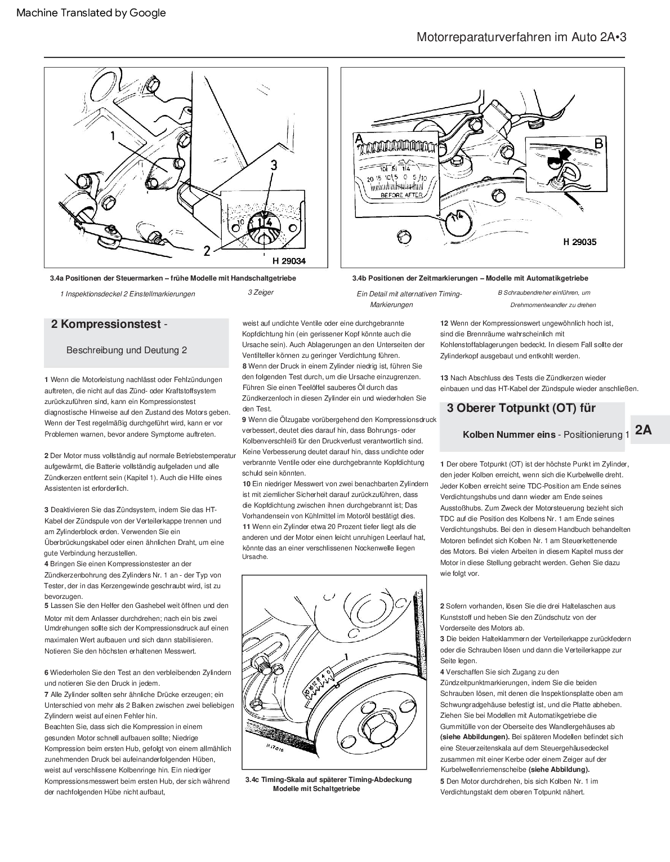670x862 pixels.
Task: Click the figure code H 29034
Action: pos(289,261)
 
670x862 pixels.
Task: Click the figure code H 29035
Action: pos(579,242)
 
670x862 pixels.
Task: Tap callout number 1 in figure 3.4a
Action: pos(113,135)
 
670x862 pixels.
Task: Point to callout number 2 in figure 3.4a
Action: pos(207,251)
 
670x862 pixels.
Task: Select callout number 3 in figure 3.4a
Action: pos(274,165)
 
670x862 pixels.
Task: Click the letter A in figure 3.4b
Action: pos(358,138)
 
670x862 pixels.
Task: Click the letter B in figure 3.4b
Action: pos(598,144)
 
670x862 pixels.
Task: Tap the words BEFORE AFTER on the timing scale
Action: pos(401,195)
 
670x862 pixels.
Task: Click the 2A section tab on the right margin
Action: pos(643,430)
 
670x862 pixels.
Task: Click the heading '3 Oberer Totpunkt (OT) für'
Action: pos(521,408)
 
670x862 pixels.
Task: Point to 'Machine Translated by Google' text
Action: pos(91,12)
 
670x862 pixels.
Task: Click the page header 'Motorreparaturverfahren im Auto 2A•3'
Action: pos(521,37)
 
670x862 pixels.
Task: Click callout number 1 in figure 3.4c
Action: pos(347,656)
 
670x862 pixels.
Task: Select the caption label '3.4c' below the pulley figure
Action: pos(253,780)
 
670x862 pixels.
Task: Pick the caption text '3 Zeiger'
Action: pos(261,292)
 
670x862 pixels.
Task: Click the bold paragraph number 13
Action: pos(444,377)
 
